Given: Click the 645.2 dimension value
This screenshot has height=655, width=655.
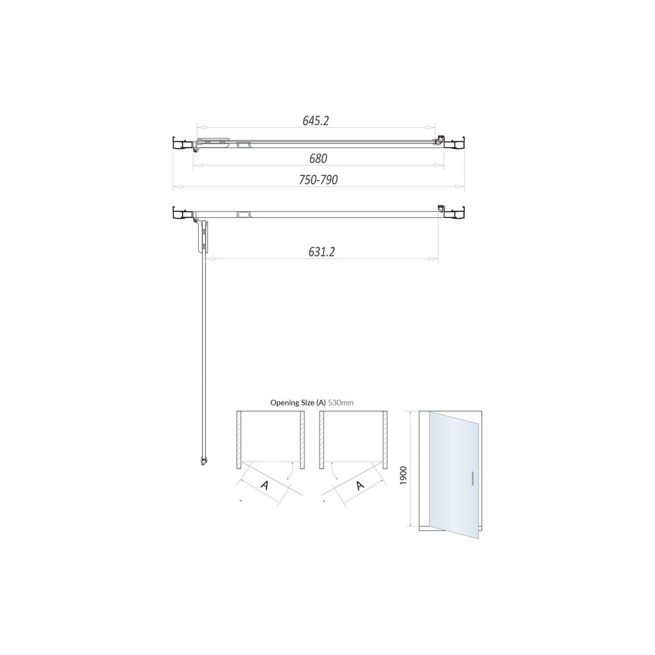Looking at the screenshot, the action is tap(316, 121).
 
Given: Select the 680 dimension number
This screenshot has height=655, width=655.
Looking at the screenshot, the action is tap(318, 158).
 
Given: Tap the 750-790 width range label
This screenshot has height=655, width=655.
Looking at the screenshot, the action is tap(318, 180).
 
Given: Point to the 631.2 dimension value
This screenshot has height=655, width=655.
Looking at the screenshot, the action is tap(321, 252).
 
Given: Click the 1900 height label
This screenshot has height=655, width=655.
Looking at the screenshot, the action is tap(403, 475).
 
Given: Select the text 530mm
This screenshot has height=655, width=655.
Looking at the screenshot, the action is tap(340, 403).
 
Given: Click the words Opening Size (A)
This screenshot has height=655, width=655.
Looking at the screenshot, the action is tap(298, 403).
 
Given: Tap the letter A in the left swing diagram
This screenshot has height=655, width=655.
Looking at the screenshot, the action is tap(265, 485).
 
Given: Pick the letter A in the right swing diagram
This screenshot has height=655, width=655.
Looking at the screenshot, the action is tap(360, 485).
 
